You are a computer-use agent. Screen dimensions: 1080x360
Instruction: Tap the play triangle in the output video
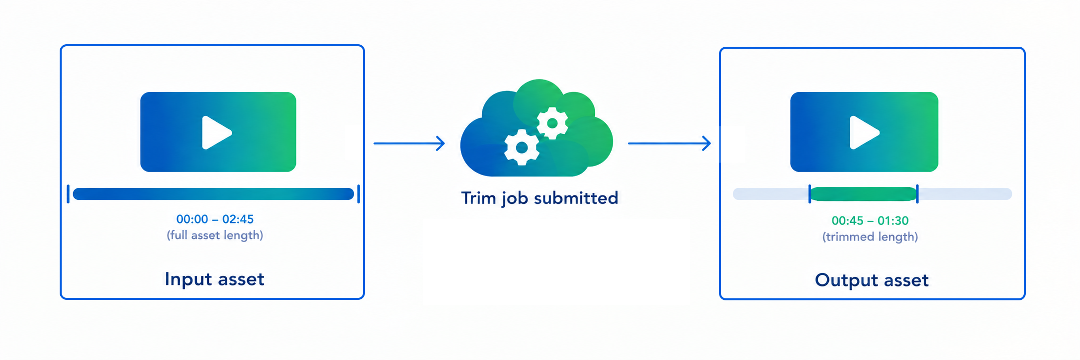(x=864, y=133)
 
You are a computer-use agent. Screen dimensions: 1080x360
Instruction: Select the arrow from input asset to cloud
(x=409, y=143)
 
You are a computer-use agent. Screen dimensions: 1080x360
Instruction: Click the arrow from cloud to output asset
(x=669, y=143)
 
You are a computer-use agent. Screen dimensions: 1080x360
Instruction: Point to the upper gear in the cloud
(x=552, y=123)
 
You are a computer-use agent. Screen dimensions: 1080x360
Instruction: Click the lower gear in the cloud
(x=522, y=147)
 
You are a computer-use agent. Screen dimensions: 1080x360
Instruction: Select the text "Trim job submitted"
(x=540, y=198)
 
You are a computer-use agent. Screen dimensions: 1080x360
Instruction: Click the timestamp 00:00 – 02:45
(x=215, y=219)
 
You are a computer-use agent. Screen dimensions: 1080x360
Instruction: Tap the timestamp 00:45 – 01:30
(x=870, y=221)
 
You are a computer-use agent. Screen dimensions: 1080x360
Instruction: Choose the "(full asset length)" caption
(x=215, y=235)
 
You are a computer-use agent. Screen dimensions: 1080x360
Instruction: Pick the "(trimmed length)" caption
(x=870, y=237)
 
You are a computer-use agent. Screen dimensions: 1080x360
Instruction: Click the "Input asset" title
(x=215, y=279)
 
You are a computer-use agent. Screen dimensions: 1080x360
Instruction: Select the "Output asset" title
(x=872, y=280)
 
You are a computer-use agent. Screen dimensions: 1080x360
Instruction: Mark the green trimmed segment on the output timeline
(x=864, y=194)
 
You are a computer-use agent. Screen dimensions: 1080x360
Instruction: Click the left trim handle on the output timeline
(x=810, y=194)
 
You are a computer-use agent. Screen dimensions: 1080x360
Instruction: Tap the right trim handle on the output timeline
(x=917, y=194)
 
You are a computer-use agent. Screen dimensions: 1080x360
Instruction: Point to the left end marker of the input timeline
(x=68, y=194)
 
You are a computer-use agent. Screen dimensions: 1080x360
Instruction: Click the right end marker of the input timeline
(x=359, y=194)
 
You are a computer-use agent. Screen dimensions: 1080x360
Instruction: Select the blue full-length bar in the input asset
(x=213, y=194)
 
